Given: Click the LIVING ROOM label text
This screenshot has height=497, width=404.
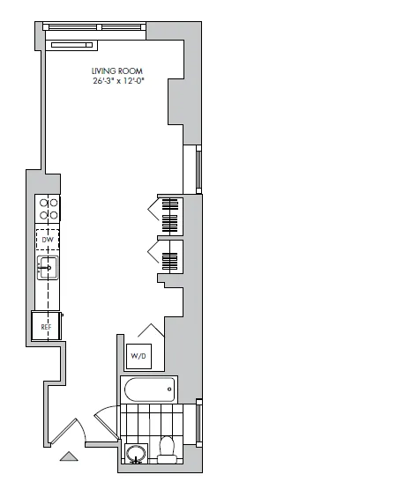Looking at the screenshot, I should click(x=117, y=70).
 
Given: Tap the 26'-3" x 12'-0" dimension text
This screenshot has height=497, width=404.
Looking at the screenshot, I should click(x=117, y=80).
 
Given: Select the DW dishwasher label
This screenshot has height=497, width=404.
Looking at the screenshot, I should click(x=48, y=239).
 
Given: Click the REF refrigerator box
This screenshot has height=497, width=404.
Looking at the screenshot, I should click(x=46, y=327).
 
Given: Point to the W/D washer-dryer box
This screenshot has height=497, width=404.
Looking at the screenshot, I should click(x=139, y=355).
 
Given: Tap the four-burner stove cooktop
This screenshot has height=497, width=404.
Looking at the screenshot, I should click(x=48, y=208).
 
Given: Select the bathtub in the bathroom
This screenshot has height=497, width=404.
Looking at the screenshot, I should click(x=149, y=390).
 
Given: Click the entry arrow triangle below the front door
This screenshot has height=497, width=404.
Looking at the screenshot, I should click(x=68, y=456).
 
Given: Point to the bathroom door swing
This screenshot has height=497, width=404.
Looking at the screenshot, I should click(x=104, y=418).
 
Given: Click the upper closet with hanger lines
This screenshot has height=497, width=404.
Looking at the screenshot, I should click(x=170, y=214).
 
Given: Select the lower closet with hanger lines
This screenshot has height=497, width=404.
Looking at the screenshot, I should click(x=170, y=260).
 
